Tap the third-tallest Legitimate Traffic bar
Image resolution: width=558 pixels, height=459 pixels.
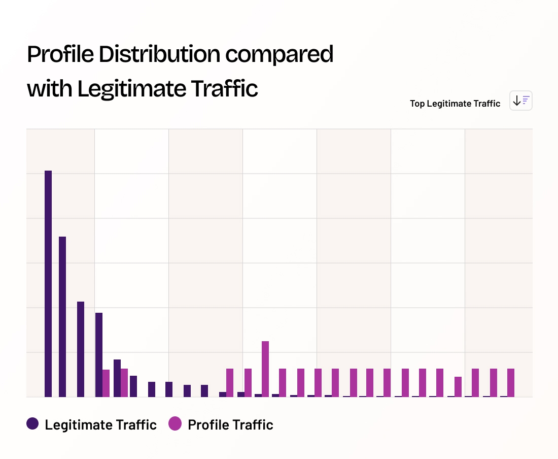coord(81,349)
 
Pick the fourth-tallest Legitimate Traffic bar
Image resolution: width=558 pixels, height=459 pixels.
coord(99,354)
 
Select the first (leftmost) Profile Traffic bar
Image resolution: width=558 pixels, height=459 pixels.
coord(106,383)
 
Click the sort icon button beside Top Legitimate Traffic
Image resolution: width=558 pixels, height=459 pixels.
coord(521,101)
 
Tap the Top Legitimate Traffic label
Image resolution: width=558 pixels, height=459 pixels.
coord(455,104)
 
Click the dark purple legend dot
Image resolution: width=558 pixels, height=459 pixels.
coord(33,423)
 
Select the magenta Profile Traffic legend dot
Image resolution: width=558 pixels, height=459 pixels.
coord(175,423)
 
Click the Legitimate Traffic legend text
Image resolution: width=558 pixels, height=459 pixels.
coord(100,424)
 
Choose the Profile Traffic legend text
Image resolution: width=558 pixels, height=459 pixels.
coord(230,424)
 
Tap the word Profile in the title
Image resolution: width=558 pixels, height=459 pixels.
coord(60,54)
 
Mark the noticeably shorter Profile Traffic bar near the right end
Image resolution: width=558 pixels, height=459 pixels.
coord(458,386)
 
